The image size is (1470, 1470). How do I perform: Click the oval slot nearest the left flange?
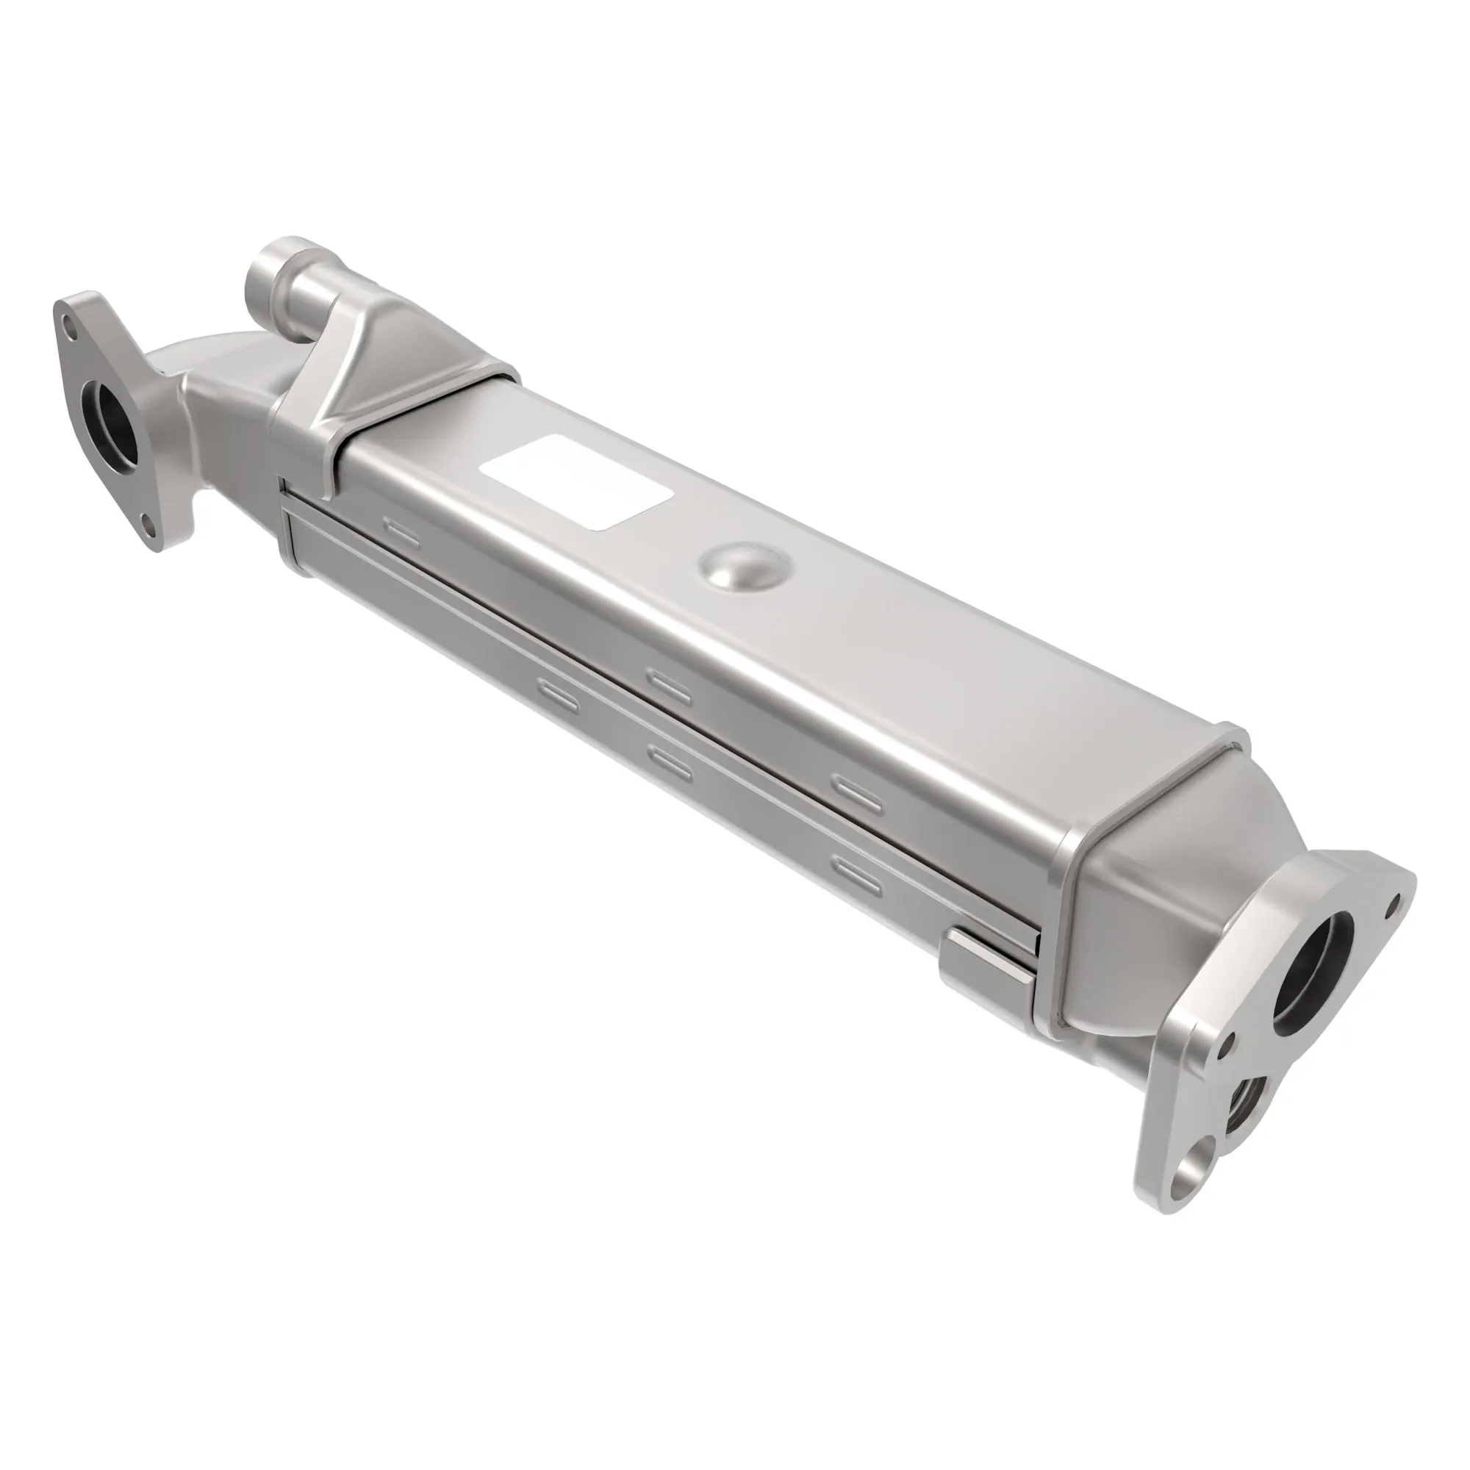401,531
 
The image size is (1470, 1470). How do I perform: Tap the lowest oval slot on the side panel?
858,875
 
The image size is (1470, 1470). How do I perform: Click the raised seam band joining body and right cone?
1065,913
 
